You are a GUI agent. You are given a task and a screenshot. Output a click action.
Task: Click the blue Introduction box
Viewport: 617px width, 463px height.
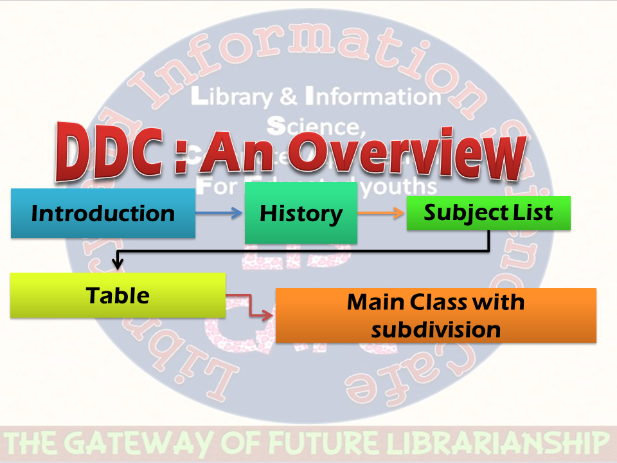tap(103, 213)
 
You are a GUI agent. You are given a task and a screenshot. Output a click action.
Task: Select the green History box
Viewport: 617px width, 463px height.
tap(301, 213)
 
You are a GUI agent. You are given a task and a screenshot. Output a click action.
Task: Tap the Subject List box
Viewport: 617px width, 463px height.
tap(488, 213)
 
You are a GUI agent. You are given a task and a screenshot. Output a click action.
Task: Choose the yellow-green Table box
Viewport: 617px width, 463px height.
tap(118, 295)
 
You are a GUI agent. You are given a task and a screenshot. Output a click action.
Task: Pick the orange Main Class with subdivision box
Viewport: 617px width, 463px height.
tap(436, 315)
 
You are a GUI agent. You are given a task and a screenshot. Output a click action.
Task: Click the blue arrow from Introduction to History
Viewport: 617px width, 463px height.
tap(219, 213)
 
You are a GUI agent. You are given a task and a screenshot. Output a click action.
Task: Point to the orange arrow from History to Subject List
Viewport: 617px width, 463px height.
tap(382, 213)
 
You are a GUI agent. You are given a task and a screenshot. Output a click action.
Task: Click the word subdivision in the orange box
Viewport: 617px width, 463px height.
tap(436, 329)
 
